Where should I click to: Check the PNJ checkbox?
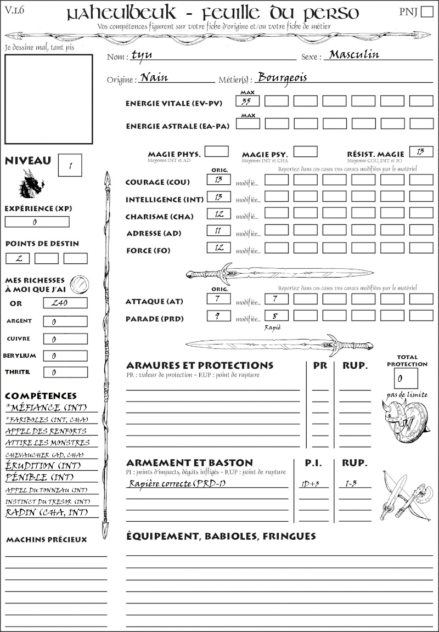point(426,12)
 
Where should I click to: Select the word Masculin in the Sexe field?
point(354,54)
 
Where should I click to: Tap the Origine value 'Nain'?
point(154,77)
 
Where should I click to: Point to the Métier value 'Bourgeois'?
point(282,77)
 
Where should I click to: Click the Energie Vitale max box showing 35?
point(248,101)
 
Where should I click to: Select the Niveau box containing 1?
point(70,165)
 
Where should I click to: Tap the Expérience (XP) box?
point(37,222)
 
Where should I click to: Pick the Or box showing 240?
point(65,303)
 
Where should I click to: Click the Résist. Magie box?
point(421,151)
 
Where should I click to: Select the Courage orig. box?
point(218,179)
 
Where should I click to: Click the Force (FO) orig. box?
point(218,247)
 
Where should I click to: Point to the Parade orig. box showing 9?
point(218,316)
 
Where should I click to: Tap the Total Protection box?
point(406,378)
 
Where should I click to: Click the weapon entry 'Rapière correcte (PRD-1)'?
point(177,483)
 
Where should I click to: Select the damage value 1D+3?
point(311,484)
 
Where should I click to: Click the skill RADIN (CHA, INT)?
point(48,513)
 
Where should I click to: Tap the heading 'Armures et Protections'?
point(199,365)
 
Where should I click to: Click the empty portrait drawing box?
point(48,98)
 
